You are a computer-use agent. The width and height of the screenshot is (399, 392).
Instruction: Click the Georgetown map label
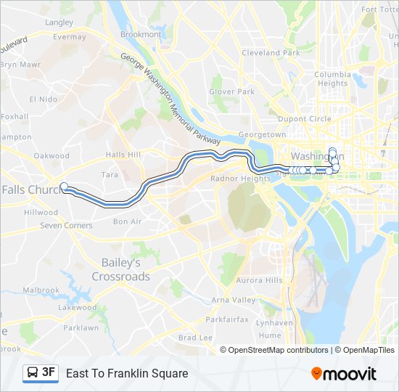263,135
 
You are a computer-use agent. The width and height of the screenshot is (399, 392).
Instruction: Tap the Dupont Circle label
304,118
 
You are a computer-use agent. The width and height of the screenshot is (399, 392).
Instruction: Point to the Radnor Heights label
239,179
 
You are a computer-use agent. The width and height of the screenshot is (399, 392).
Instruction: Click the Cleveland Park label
271,53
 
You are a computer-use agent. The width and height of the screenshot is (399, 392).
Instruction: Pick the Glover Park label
231,91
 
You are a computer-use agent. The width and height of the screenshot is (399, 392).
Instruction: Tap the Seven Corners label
66,226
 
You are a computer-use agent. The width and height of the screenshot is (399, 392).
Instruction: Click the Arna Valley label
233,300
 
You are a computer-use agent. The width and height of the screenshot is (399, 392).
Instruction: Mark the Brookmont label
141,34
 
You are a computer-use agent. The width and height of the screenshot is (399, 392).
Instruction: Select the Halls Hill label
123,155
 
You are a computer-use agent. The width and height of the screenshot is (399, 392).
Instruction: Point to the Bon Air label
127,221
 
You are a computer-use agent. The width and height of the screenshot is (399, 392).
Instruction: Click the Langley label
59,23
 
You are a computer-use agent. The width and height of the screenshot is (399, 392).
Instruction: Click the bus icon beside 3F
33,373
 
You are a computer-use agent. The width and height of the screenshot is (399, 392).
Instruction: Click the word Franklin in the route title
128,374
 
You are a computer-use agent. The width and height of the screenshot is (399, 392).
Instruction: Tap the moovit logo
344,374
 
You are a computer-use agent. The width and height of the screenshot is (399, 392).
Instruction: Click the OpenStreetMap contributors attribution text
278,350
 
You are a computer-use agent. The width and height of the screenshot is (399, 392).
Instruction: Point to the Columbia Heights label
332,78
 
